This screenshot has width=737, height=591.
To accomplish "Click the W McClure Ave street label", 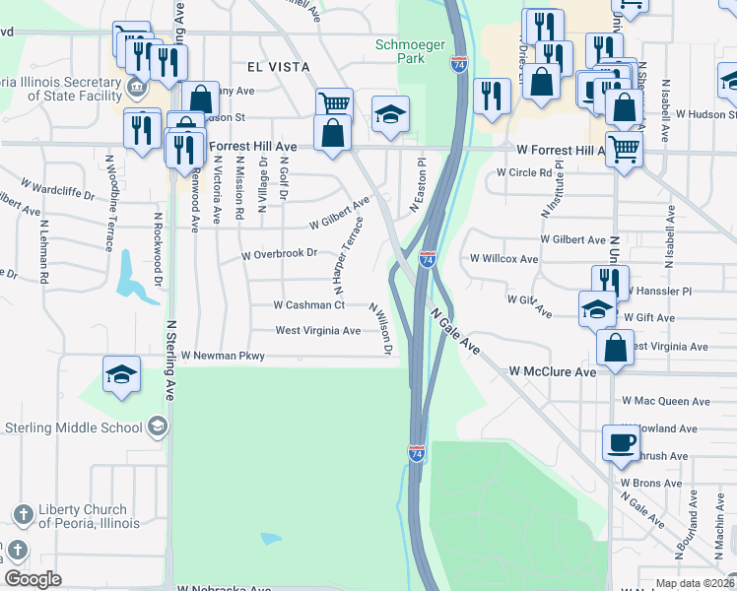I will tap(553, 372).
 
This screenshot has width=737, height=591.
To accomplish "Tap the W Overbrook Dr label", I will tap(280, 254).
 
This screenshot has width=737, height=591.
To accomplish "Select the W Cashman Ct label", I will tap(308, 305).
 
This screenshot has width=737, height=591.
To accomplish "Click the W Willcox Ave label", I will tap(503, 259).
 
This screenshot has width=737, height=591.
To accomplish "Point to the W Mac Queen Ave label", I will tap(665, 402).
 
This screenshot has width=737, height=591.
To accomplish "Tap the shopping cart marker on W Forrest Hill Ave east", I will tap(625, 151).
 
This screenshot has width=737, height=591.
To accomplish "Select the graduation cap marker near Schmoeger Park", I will tap(390, 114).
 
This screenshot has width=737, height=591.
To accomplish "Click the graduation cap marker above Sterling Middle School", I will tap(122, 374).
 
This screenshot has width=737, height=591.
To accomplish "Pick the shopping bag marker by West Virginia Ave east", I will tap(615, 347).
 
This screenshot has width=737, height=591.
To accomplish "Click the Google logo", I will tap(33, 579).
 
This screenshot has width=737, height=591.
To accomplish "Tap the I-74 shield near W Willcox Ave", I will tap(428, 259).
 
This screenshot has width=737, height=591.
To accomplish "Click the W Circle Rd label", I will tap(524, 172).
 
